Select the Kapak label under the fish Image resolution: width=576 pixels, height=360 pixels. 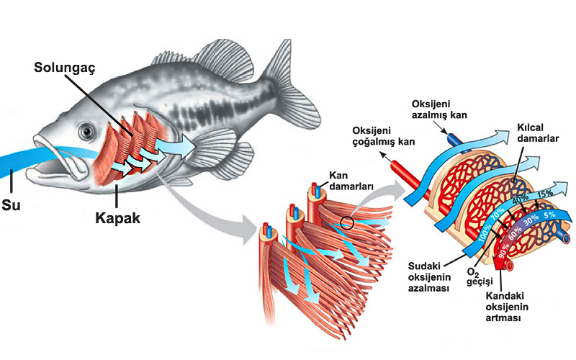click(x=117, y=217)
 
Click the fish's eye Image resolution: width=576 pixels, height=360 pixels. click(x=87, y=132)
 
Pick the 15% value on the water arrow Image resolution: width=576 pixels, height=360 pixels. click(x=544, y=193)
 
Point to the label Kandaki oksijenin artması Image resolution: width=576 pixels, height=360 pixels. click(x=504, y=307)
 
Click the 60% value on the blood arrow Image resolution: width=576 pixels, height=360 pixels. click(x=516, y=233)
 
